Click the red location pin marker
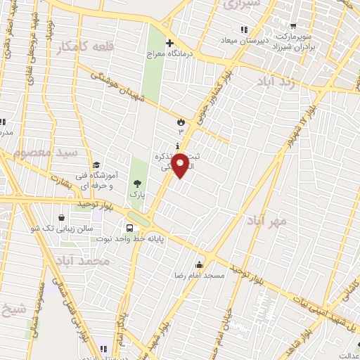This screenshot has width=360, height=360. (x=181, y=167)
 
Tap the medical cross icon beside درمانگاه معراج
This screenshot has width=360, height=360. (x=169, y=43)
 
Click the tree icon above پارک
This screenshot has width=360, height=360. (x=136, y=184)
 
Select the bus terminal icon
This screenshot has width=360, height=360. (x=130, y=228)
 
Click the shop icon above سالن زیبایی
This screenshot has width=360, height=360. (x=64, y=218)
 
